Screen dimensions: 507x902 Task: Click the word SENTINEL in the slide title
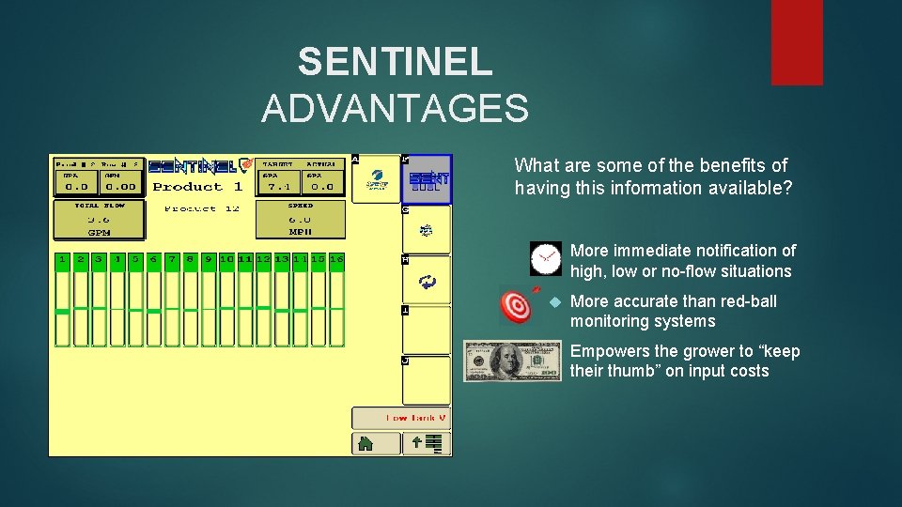tap(395, 62)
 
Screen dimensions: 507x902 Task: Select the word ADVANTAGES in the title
tap(395, 109)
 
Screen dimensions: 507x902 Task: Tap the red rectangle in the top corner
tap(797, 42)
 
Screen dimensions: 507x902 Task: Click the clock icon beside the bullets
tap(545, 258)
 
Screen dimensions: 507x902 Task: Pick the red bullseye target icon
tap(516, 305)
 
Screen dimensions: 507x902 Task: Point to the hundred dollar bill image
tap(512, 361)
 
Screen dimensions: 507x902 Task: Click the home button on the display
tap(364, 443)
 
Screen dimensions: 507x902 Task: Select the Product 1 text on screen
tap(198, 186)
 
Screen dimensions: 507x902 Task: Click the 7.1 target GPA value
tap(279, 186)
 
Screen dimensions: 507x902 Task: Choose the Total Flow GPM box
tap(99, 220)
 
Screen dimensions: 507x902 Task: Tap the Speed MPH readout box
tap(300, 220)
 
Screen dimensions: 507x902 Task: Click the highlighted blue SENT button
tap(428, 178)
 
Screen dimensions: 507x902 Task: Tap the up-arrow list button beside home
tap(428, 443)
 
